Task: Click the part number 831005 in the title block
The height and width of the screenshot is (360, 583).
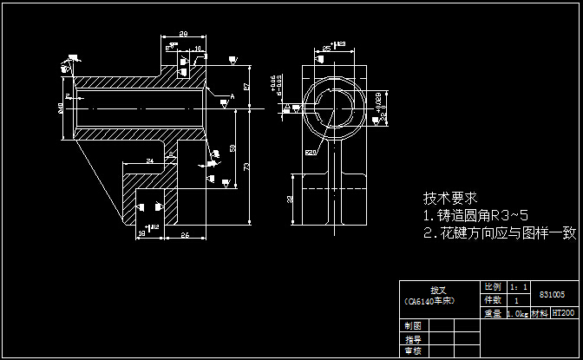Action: pos(552,295)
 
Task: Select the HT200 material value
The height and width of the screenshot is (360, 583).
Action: pos(564,312)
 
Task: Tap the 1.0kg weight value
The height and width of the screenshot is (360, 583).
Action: pos(518,313)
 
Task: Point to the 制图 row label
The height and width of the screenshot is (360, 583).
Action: pos(413,325)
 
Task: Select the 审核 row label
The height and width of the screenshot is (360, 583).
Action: pos(413,351)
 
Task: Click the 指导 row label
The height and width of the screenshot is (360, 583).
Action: pos(413,339)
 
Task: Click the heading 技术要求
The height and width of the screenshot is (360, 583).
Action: pos(450,197)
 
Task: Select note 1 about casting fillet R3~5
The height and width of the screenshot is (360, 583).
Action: pos(475,215)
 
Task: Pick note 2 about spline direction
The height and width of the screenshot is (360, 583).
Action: pos(499,232)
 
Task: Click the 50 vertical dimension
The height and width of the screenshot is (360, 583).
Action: pos(233,148)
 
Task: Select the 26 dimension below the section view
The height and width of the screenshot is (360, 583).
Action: pos(184,235)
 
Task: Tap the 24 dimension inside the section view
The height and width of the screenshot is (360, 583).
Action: pos(149,160)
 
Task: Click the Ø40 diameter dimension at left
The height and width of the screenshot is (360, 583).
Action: pos(60,108)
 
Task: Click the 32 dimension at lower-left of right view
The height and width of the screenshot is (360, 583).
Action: pos(290,199)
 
